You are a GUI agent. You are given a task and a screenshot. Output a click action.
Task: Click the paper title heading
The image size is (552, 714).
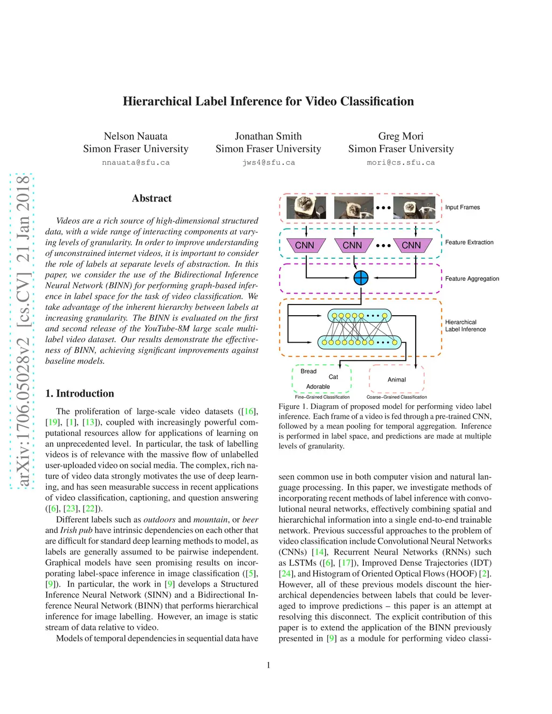(x=268, y=101)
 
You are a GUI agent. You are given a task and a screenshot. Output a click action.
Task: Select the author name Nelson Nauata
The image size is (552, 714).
(x=135, y=136)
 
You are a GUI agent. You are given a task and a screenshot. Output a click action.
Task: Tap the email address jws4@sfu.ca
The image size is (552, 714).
(x=268, y=162)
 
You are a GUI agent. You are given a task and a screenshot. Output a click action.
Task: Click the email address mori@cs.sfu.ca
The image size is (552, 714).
(x=401, y=162)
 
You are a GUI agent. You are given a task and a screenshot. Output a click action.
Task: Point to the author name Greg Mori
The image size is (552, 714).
(x=401, y=136)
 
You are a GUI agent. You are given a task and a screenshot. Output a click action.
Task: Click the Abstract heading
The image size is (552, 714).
(x=151, y=198)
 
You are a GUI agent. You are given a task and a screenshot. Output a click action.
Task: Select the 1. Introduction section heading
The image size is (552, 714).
(x=80, y=393)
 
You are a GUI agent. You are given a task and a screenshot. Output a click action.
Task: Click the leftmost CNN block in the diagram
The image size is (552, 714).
(x=305, y=245)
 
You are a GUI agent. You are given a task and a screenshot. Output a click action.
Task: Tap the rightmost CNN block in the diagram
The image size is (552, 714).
(x=411, y=245)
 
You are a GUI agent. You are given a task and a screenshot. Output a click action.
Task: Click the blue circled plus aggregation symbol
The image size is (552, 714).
(x=361, y=278)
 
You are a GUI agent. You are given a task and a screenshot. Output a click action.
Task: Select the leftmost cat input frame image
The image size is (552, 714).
(x=306, y=207)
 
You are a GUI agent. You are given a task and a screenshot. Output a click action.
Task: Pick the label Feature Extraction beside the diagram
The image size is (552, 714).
(x=469, y=242)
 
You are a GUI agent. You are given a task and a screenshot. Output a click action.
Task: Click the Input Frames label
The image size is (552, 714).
(x=462, y=207)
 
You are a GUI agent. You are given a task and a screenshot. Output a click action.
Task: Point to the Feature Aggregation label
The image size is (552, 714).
(x=472, y=279)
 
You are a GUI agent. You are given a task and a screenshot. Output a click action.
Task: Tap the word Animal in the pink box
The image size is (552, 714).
(x=397, y=380)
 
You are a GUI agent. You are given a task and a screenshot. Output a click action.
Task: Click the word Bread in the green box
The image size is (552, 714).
(x=308, y=371)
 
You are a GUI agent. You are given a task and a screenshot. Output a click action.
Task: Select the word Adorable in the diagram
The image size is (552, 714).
(x=318, y=386)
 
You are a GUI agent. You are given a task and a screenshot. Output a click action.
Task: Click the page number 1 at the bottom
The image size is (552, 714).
(x=268, y=666)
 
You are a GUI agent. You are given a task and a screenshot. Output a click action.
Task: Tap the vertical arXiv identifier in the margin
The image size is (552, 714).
(x=22, y=331)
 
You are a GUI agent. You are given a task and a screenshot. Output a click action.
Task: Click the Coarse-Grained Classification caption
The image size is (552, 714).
(x=397, y=397)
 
